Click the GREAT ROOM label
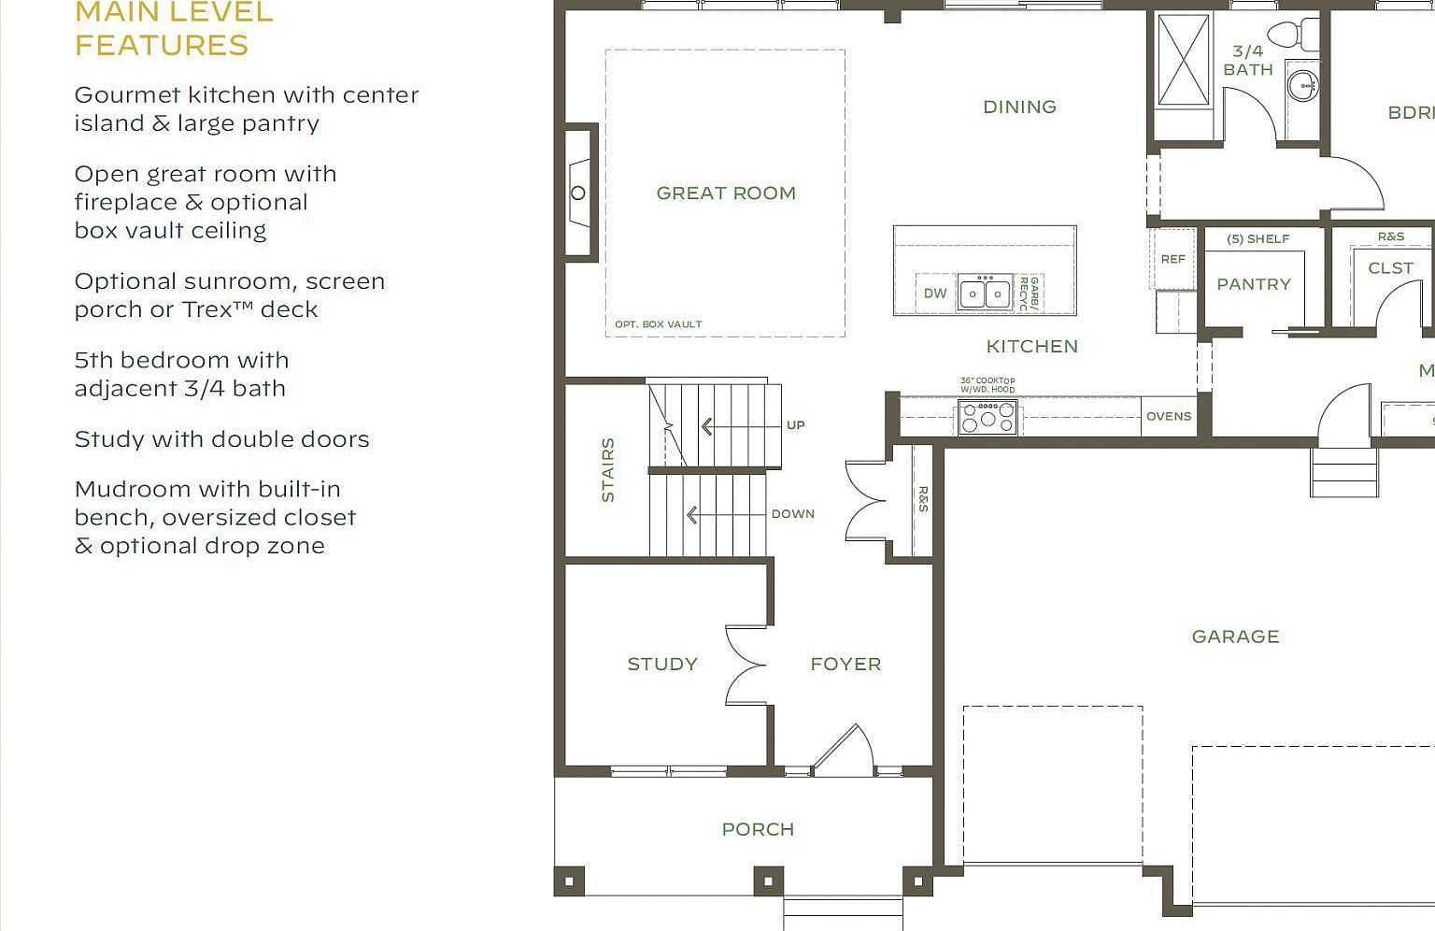point(726,193)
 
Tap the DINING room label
point(1019,107)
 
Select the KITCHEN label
point(1031,347)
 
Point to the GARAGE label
point(1235,637)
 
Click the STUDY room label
point(661,665)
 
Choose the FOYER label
point(845,665)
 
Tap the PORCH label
point(758,829)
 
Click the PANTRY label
point(1253,284)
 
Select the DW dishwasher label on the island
point(935,294)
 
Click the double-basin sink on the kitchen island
point(985,293)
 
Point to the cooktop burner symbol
point(987,417)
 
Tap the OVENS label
point(1169,417)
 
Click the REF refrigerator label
point(1172,260)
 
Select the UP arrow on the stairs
point(707,427)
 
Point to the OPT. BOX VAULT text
point(658,324)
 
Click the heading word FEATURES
point(162,45)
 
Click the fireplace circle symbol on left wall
point(578,193)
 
